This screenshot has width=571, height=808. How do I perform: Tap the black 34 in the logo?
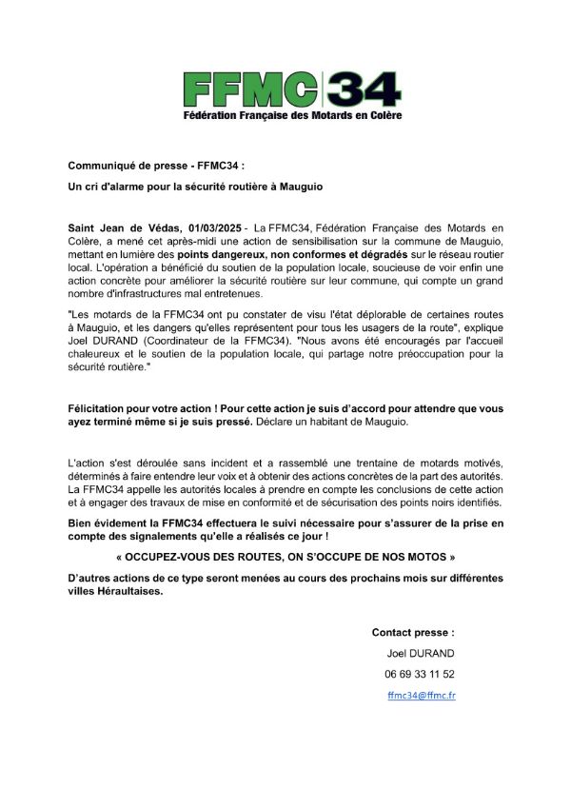click(364, 89)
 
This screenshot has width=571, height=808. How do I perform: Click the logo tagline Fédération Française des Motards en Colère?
click(293, 116)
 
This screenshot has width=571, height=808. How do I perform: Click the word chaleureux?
click(100, 354)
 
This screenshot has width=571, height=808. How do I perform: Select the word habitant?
click(332, 422)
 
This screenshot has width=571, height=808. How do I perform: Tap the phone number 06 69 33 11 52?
click(420, 674)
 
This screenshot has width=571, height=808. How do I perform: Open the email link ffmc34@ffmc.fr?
click(421, 695)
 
